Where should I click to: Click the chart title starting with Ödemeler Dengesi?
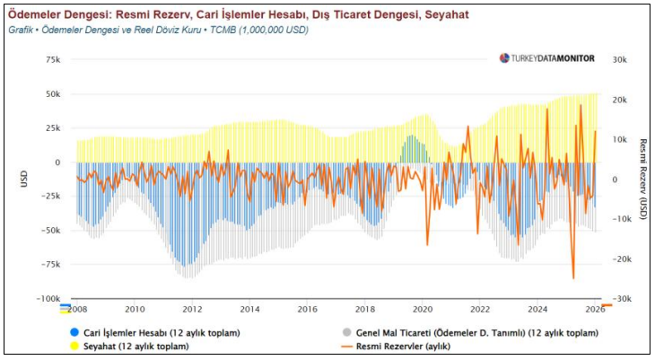coord(238,15)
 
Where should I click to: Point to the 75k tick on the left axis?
coord(52,59)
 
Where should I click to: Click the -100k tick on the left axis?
coord(48,299)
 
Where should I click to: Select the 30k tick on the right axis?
coord(619,59)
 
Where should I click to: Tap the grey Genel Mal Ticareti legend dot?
coord(347,332)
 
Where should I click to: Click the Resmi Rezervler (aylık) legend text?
coord(402,346)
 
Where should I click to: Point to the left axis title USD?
coord(25,179)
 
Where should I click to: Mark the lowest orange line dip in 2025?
coord(573,278)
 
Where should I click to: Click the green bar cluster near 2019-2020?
coord(412,149)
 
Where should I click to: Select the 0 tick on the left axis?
coord(57,162)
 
